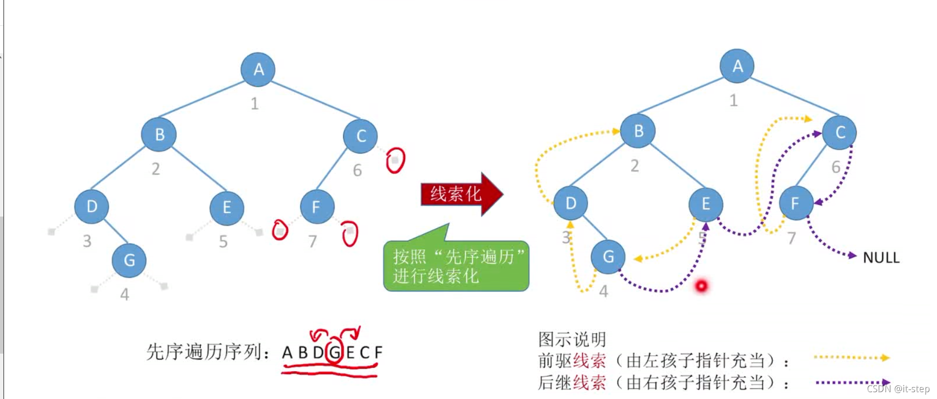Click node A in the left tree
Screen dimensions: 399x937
(x=258, y=69)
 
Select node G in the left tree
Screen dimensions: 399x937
(x=129, y=260)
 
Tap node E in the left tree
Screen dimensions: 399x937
(x=226, y=208)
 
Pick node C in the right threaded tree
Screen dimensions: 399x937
(x=839, y=132)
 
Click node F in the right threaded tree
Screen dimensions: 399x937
(x=795, y=203)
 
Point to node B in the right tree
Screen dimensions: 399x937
(x=638, y=131)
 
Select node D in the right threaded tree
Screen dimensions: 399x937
(x=570, y=203)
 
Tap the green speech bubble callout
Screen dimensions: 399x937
(x=456, y=266)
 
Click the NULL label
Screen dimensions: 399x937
(x=881, y=258)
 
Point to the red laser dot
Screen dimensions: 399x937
(x=701, y=286)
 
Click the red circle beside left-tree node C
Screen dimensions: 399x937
(x=395, y=160)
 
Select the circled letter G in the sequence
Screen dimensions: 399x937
(x=334, y=352)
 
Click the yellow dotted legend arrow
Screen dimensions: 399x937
(x=852, y=358)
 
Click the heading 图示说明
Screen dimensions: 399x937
(x=572, y=339)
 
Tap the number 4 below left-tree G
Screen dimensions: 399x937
(x=125, y=294)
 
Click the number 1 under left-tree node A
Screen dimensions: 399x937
(x=254, y=103)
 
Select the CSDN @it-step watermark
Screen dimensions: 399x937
(x=898, y=389)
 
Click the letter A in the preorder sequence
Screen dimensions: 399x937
(x=287, y=352)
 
